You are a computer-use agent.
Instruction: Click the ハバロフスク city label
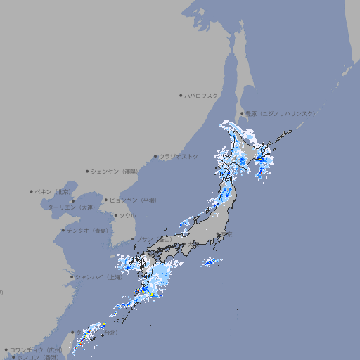point(202,95)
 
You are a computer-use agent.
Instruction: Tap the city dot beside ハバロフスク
point(181,95)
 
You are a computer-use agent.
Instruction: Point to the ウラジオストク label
point(179,156)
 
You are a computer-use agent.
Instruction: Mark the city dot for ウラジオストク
point(155,156)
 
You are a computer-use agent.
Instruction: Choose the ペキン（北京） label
point(53,191)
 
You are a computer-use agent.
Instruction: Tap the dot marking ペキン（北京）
point(32,191)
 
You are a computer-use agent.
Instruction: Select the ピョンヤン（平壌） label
point(134,200)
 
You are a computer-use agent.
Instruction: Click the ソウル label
point(127,215)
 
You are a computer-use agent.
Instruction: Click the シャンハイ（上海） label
point(99,277)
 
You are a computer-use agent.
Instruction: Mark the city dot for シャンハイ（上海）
point(72,277)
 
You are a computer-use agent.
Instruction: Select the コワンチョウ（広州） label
point(36,349)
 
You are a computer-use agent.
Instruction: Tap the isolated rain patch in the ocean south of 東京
point(211,262)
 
